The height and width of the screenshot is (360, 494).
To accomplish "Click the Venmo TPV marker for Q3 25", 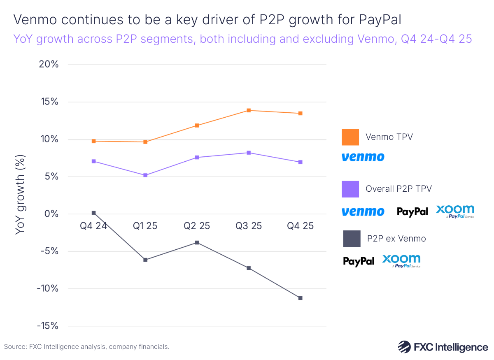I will [x=249, y=110].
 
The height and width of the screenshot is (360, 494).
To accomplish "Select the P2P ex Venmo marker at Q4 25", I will [x=300, y=298].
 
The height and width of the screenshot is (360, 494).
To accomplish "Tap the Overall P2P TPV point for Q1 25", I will [x=145, y=175].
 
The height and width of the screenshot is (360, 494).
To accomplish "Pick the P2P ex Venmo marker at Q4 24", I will [x=94, y=213].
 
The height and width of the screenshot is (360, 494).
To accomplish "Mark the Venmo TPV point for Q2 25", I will [x=197, y=125].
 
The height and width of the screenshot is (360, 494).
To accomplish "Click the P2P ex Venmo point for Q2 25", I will [x=197, y=243].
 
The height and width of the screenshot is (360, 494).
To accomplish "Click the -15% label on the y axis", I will [x=47, y=326].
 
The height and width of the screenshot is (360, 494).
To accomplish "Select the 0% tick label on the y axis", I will [x=52, y=214].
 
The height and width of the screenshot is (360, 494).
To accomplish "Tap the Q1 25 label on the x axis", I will [x=145, y=226].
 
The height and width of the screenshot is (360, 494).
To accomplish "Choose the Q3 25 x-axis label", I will [x=249, y=226].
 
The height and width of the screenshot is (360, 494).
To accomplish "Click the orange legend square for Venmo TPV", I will [x=350, y=137].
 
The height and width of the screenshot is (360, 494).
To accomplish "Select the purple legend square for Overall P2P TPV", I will [x=350, y=189].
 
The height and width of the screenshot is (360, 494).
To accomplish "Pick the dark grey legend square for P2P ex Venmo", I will [x=352, y=239].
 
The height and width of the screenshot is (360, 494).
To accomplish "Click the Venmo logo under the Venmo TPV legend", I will [x=363, y=157].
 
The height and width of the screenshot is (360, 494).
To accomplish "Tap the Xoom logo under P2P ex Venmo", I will [x=401, y=261].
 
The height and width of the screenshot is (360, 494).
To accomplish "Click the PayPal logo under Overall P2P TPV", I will [x=412, y=211].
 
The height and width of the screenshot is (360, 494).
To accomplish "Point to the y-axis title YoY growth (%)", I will [x=20, y=195].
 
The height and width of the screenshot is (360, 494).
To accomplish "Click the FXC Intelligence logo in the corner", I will [x=443, y=347].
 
